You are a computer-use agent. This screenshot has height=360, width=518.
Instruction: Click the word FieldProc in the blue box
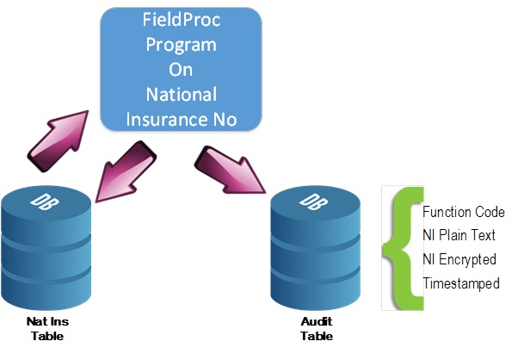click(x=181, y=19)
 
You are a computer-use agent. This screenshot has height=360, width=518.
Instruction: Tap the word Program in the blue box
click(x=181, y=44)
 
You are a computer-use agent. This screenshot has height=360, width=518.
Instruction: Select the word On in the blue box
click(x=181, y=69)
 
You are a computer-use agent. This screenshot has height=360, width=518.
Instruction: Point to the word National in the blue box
click(x=181, y=94)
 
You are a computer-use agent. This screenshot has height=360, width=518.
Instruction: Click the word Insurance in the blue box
click(x=166, y=119)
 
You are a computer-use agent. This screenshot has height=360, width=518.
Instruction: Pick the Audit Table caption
click(x=316, y=328)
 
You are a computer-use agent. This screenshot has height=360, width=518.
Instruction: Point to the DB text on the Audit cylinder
click(x=307, y=201)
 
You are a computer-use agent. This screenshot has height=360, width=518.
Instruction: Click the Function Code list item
click(x=463, y=213)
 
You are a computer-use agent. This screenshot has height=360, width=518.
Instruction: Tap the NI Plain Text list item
click(x=459, y=236)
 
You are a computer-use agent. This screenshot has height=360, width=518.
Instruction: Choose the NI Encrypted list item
click(x=459, y=259)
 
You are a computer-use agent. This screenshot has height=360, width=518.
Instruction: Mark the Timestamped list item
click(x=460, y=283)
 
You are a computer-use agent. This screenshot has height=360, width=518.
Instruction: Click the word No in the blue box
click(x=225, y=119)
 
